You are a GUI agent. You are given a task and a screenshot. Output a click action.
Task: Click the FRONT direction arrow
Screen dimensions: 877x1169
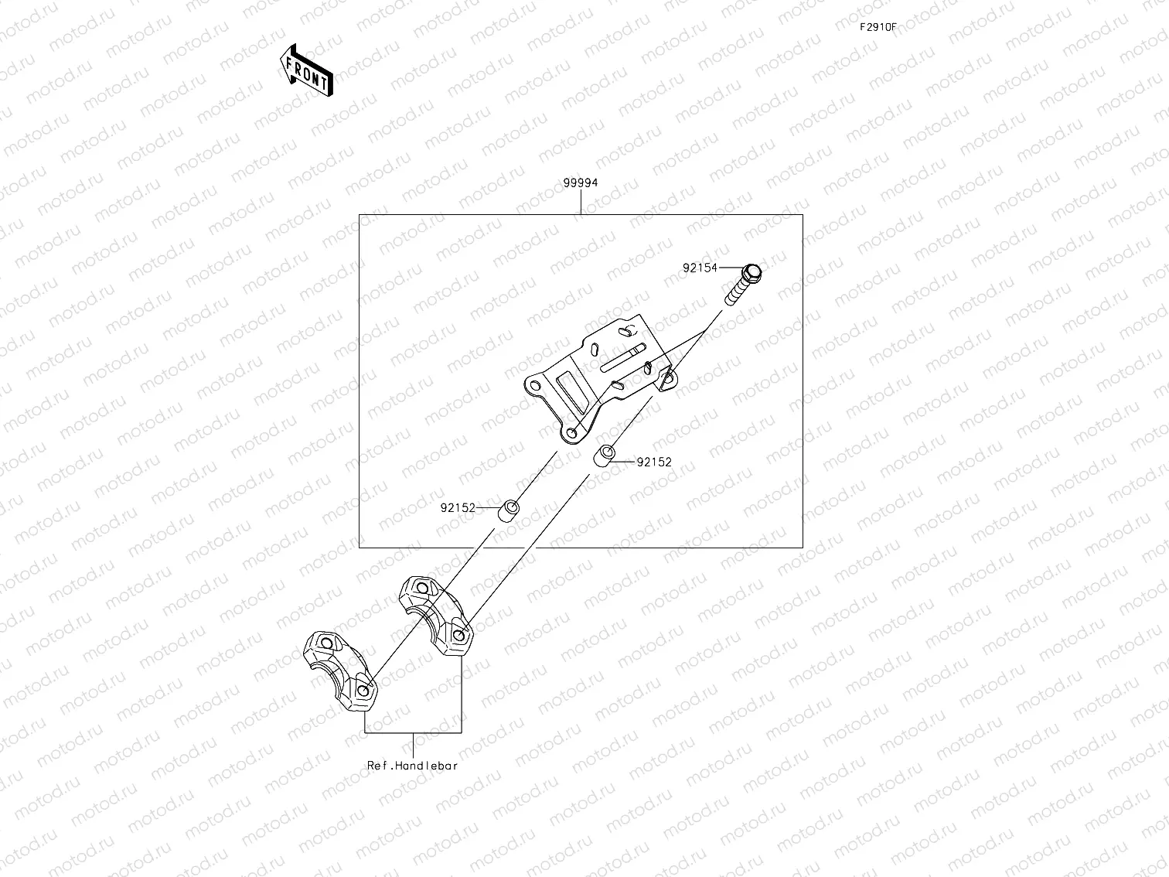(x=306, y=70)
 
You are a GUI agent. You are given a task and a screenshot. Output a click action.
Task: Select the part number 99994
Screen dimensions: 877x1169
(x=580, y=183)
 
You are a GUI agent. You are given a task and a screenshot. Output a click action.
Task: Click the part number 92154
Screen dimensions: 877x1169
(x=700, y=268)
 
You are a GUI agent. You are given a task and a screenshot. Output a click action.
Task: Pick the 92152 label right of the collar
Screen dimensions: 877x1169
(x=654, y=462)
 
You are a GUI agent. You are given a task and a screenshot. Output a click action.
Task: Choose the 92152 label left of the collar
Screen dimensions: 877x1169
(x=458, y=508)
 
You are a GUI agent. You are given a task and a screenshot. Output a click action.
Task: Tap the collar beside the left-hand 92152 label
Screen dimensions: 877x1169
(x=509, y=511)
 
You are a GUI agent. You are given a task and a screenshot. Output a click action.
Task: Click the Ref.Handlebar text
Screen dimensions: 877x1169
(x=412, y=766)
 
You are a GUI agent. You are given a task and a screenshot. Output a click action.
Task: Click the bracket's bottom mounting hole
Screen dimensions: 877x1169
(x=572, y=435)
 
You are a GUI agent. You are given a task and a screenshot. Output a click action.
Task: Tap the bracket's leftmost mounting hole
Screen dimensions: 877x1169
(x=533, y=384)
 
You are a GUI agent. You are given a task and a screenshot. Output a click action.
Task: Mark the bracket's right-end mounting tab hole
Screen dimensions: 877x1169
(x=668, y=378)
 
